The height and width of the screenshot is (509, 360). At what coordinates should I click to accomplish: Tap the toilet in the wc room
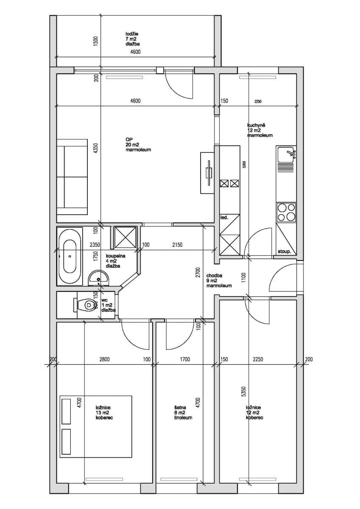[86, 305]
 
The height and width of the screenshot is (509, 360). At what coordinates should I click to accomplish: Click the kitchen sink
[287, 155]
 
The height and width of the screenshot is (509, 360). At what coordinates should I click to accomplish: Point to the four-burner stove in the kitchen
[286, 212]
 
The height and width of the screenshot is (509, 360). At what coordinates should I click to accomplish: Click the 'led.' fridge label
[224, 218]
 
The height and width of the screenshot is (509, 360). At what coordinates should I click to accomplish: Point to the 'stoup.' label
[284, 252]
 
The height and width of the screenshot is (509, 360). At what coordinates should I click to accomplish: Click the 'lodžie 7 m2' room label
[132, 39]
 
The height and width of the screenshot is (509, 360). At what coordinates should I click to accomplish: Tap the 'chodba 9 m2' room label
[219, 280]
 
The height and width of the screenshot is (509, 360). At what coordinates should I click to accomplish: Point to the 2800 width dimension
[104, 359]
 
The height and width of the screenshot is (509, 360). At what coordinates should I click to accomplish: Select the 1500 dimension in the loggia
[96, 41]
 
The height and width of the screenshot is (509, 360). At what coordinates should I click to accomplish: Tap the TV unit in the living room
[208, 173]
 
